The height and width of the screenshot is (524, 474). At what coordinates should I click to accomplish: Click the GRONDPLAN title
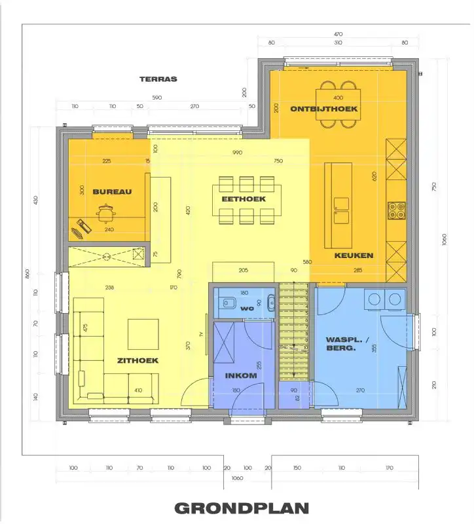coord(241,508)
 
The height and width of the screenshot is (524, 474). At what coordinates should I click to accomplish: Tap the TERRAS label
coord(158,79)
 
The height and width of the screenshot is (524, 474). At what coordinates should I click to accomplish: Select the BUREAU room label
coord(112,192)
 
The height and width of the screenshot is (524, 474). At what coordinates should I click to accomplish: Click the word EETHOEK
coord(243,198)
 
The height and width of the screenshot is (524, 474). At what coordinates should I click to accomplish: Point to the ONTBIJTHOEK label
coord(324,109)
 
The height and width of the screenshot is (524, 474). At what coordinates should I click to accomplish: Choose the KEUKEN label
coord(354,255)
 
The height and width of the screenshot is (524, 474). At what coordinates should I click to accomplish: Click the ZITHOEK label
coord(138,360)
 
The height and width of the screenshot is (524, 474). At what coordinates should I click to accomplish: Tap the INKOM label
coord(236,376)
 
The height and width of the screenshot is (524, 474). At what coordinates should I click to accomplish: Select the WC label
coord(246,308)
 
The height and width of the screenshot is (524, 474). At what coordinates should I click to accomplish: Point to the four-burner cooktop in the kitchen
coord(396,210)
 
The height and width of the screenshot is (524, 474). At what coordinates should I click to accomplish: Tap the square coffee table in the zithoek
coord(143,334)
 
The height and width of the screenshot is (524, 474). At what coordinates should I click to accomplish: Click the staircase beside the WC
coord(294,334)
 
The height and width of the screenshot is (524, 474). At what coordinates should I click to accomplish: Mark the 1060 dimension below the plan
coord(236,478)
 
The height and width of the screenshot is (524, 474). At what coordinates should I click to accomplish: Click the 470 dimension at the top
coord(338,33)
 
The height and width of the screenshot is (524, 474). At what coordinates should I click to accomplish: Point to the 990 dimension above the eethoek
coord(237,153)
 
